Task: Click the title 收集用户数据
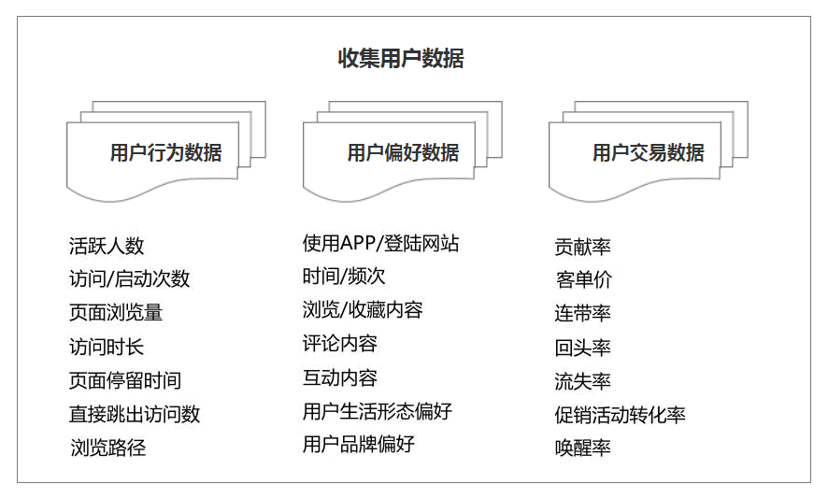click(401, 58)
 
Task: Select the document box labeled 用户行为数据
click(165, 151)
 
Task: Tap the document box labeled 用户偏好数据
click(403, 151)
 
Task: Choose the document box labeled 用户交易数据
click(649, 151)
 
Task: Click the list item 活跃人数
click(107, 246)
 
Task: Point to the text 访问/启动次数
click(129, 278)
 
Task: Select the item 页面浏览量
click(116, 313)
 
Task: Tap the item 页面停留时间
click(125, 380)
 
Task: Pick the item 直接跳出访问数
click(135, 414)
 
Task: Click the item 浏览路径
click(108, 448)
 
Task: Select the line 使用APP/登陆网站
click(380, 243)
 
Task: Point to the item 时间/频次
click(344, 277)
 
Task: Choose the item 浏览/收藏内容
click(363, 310)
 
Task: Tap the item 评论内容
click(340, 344)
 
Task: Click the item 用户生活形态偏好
click(378, 411)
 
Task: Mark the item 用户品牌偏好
click(359, 444)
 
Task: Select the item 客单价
click(583, 279)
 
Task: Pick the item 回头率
click(582, 348)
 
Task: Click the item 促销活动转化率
click(620, 415)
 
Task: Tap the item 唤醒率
click(582, 448)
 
